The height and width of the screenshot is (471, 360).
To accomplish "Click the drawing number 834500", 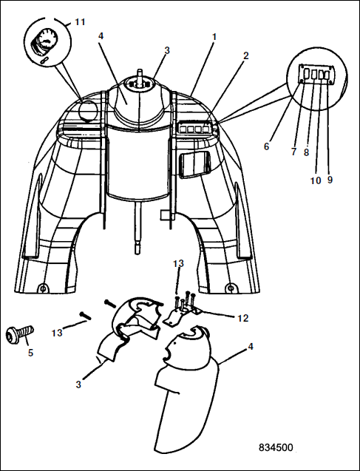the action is tap(276, 447).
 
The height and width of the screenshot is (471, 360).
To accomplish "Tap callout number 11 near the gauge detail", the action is tap(80, 22).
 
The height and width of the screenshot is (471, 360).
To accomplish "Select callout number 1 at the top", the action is tap(214, 37).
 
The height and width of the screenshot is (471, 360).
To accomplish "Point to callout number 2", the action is tap(246, 55).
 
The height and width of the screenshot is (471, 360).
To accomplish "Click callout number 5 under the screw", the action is tap(30, 353).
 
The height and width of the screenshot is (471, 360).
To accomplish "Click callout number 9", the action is tap(330, 180).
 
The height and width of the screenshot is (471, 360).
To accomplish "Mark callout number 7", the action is tap(293, 152).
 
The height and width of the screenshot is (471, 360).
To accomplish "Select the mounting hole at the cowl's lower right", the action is tap(231, 288).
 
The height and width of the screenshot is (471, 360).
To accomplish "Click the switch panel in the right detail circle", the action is tap(317, 74).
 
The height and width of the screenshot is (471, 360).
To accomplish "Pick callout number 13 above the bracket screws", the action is tap(178, 263).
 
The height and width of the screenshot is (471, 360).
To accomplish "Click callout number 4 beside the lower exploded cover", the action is tap(251, 346).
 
